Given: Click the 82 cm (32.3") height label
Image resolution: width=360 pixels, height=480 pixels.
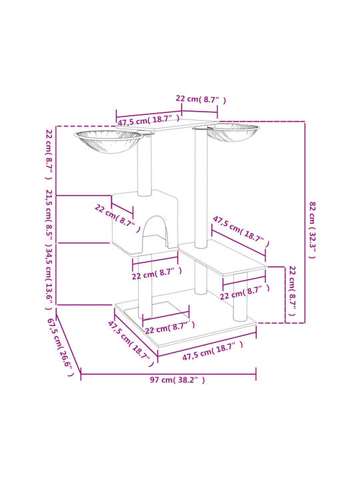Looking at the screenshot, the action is tap(311, 230).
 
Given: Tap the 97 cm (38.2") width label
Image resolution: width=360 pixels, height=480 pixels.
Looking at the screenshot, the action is tap(177, 380).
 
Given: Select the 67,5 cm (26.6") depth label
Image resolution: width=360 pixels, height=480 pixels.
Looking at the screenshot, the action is tap(60, 347).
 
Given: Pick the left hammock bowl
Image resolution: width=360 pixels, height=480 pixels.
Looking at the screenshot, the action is tap(109, 141).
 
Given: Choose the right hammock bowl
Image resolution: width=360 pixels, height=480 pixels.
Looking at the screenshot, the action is tap(233, 131).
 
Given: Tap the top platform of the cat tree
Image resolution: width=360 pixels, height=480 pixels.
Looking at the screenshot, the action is tap(167, 124).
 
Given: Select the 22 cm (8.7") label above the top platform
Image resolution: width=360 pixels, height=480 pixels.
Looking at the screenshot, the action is tap(201, 99).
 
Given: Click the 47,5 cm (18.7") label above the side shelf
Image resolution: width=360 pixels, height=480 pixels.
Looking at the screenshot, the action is tap(241, 231).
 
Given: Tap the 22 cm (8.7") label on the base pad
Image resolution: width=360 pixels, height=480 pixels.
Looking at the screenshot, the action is tap(169, 327).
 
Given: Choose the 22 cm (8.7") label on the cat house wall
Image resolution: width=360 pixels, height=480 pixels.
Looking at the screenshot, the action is tap(117, 218).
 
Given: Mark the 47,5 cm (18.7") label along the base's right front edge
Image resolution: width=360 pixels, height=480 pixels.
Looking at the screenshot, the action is tap(213, 351).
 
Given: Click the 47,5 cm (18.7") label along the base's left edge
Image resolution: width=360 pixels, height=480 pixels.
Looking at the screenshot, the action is tap(131, 343).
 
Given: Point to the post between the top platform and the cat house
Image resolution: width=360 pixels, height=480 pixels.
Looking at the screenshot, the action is tap(145, 165).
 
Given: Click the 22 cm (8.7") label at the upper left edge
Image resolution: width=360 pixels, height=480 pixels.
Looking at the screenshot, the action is tap(49, 155).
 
